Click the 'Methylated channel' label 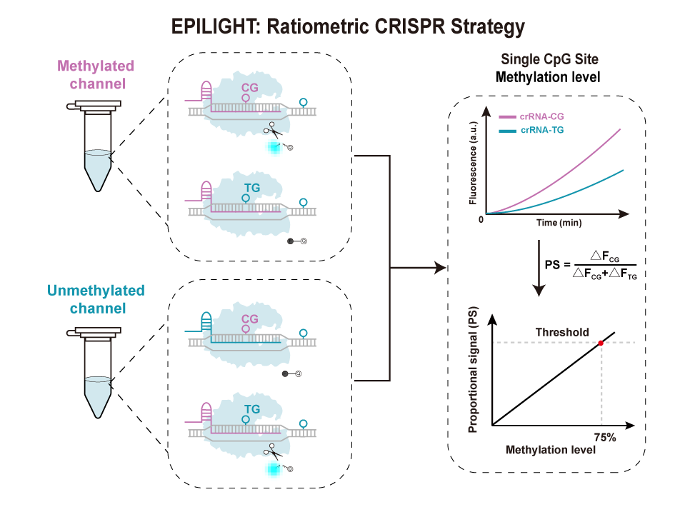pos(95,75)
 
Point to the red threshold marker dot pos(601,343)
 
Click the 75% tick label pos(605,436)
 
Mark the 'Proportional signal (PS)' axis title pos(473,375)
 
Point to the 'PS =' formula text pos(557,264)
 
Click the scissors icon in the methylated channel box pos(273,130)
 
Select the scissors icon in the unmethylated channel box pos(273,451)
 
